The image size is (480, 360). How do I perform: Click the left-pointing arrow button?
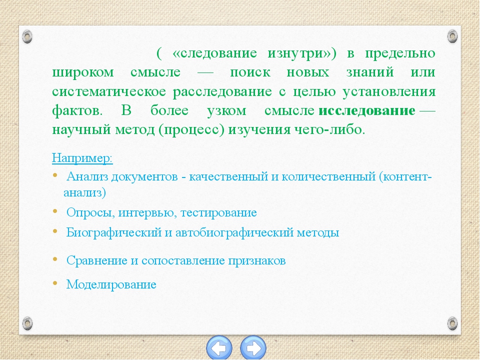[219, 348]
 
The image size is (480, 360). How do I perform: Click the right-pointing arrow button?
[253, 348]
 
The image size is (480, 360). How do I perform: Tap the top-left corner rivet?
[27, 36]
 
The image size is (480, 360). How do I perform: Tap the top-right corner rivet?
[452, 36]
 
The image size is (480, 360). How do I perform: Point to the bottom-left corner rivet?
[27, 323]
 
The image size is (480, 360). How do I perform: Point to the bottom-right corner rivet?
[452, 323]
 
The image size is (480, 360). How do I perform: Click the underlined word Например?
[82, 158]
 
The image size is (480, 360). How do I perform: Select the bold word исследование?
[366, 110]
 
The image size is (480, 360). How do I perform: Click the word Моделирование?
[111, 284]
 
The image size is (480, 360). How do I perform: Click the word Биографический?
[114, 232]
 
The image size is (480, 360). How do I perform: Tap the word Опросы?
[90, 212]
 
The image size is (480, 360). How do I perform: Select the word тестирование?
[218, 212]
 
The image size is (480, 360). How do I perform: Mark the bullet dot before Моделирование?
[55, 283]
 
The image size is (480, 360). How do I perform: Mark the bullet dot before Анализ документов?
[55, 175]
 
